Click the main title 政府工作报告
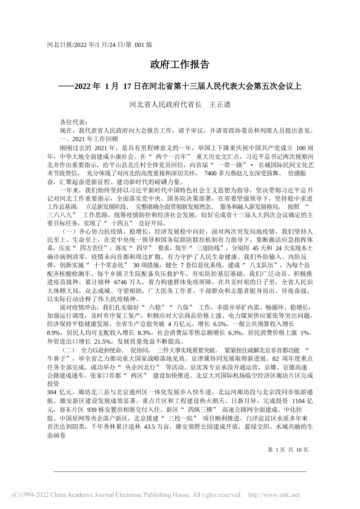click(x=180, y=64)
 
